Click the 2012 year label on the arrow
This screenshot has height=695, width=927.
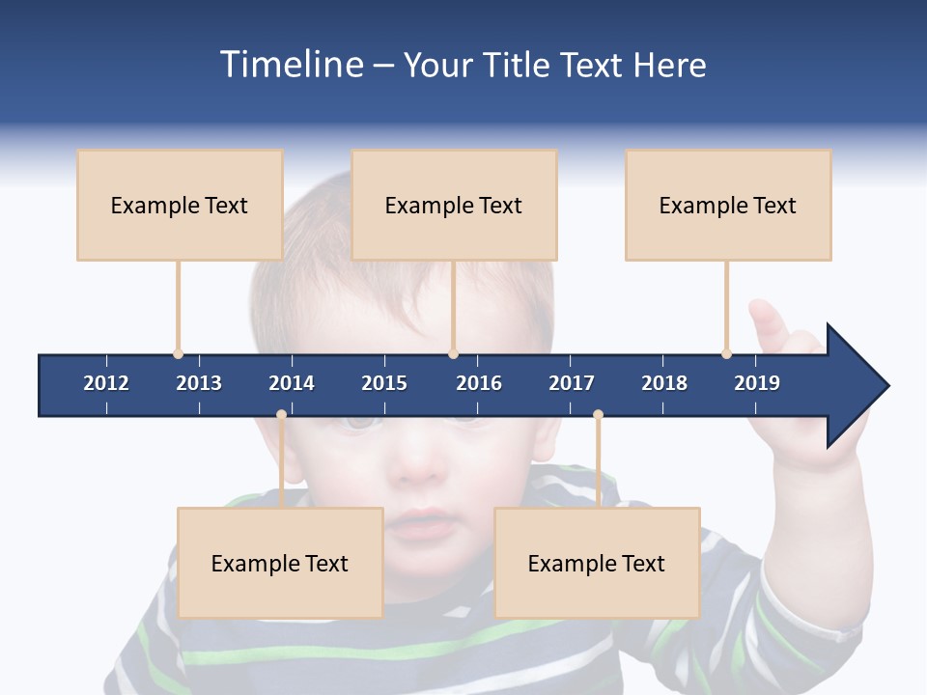click(x=106, y=383)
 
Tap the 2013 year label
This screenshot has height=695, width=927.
click(x=199, y=383)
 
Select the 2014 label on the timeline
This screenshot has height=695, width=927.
click(x=292, y=383)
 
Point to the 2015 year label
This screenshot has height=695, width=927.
click(x=384, y=383)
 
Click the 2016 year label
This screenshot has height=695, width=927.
click(x=479, y=383)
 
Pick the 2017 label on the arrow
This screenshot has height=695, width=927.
click(x=572, y=383)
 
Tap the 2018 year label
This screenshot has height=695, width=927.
click(x=664, y=383)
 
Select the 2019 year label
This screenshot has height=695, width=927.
click(x=757, y=383)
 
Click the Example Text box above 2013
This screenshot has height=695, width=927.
click(x=180, y=205)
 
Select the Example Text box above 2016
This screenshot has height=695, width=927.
click(x=454, y=205)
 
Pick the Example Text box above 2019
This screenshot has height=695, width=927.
click(x=728, y=205)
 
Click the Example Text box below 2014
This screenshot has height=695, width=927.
click(x=280, y=563)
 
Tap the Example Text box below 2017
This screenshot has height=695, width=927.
click(x=597, y=563)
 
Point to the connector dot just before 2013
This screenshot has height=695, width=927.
click(x=178, y=353)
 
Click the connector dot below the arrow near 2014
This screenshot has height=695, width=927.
click(x=281, y=415)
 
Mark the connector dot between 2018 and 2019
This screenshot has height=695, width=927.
click(x=726, y=353)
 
